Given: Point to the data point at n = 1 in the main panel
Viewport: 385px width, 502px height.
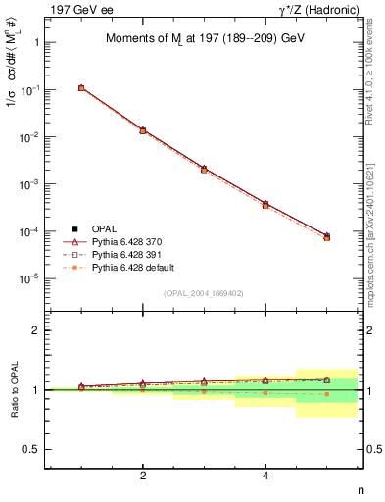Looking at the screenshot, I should pos(81,88).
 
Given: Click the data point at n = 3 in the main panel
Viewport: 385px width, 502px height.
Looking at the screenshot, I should pos(204,169).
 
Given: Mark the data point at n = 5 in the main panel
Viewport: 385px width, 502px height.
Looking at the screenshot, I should pos(327,237).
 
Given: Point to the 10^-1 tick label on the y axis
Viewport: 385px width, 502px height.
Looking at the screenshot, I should pos(32,90).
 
